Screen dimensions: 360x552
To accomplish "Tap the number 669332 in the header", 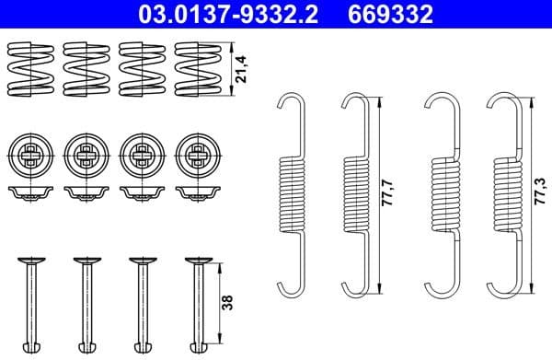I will tap(397, 14).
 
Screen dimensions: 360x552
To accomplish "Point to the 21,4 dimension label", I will tap(242, 68).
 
